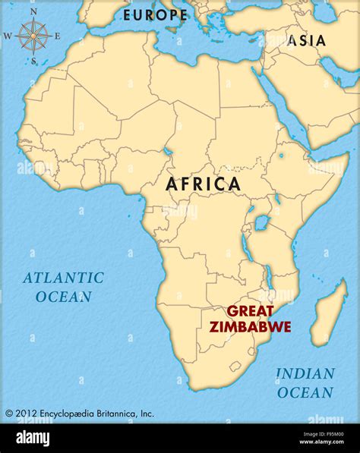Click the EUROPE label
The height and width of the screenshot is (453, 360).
[155, 14]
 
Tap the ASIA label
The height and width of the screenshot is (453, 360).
[306, 41]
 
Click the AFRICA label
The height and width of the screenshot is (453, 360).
[203, 184]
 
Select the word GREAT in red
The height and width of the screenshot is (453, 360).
[250, 311]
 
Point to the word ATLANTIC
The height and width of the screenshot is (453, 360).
[63, 278]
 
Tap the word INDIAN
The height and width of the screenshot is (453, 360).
[305, 373]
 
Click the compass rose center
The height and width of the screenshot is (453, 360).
[33, 35]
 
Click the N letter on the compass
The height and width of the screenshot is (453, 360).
[33, 11]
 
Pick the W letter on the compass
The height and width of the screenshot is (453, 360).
[8, 36]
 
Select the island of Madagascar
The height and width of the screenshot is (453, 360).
[330, 315]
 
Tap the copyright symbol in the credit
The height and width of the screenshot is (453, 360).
[9, 414]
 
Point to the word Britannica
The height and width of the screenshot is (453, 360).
[114, 414]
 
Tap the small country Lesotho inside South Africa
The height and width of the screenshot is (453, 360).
[233, 366]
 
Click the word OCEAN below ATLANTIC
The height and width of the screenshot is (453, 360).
[64, 297]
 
